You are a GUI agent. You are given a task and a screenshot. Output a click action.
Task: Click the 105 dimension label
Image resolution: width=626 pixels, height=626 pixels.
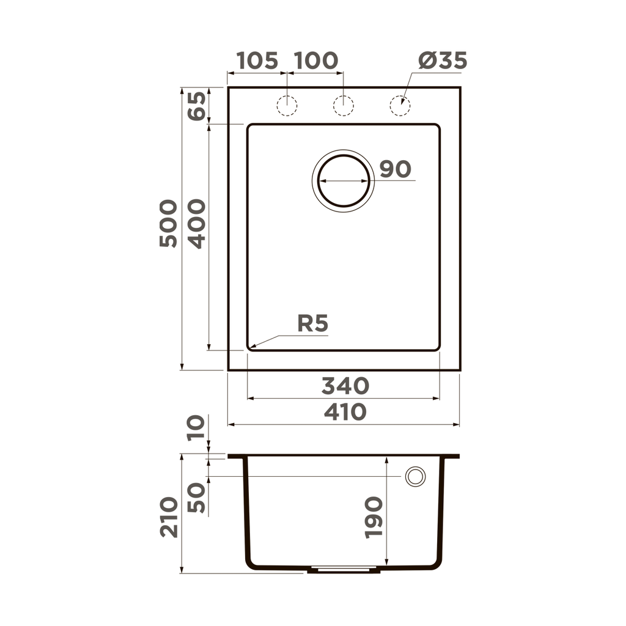257,61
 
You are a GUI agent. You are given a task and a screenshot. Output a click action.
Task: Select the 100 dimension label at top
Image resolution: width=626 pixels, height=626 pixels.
315,61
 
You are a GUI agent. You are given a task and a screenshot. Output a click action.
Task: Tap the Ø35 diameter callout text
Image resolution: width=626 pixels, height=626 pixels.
443,61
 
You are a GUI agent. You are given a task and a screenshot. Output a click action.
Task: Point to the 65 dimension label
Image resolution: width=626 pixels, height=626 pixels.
197,105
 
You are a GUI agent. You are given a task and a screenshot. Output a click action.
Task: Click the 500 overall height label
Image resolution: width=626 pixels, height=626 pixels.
168,223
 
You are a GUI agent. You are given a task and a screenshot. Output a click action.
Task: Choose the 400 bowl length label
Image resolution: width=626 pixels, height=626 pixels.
197,223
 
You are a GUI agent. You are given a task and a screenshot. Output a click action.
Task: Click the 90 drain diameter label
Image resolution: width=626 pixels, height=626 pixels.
395,169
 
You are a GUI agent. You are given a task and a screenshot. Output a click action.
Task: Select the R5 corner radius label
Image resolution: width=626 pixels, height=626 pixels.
313,323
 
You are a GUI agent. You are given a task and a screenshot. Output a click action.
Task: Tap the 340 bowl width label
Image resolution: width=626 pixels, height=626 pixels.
345,386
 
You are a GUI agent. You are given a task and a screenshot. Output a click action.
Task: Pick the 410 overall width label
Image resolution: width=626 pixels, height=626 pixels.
345,412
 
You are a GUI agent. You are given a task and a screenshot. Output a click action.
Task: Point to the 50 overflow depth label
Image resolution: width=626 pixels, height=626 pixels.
197,498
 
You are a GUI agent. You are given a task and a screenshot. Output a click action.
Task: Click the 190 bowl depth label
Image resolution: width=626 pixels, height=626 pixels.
374,517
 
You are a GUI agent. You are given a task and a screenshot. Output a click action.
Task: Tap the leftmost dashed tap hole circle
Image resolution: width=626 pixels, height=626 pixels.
287,106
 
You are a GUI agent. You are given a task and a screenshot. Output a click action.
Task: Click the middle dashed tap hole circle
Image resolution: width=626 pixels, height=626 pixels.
343,106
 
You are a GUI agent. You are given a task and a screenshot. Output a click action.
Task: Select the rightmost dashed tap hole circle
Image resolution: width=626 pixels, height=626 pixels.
400,106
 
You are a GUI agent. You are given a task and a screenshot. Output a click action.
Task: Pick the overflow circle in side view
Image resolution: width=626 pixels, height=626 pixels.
415,476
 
